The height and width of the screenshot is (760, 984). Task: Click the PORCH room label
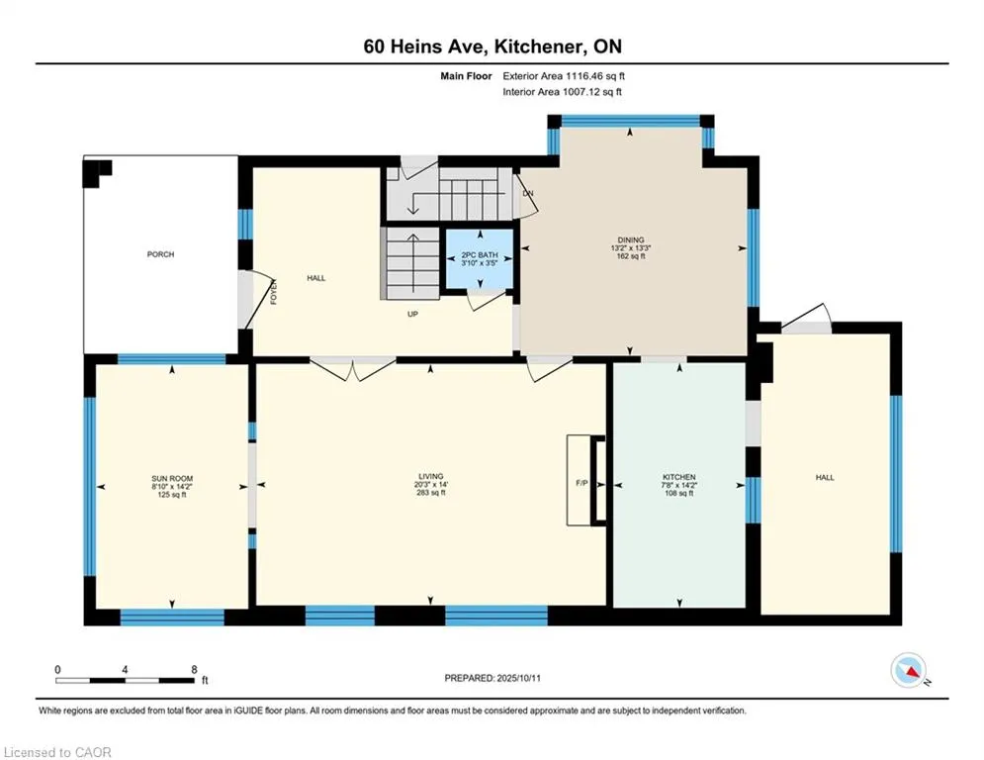[x=160, y=254]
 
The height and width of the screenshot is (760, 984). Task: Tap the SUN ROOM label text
[x=172, y=479]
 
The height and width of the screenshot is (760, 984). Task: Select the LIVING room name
[x=431, y=477]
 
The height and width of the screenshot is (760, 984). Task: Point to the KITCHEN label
[x=679, y=477]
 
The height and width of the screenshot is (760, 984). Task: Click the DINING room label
[x=631, y=239]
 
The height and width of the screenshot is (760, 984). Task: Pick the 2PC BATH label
[x=480, y=255]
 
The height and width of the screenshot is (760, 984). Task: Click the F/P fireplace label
[x=581, y=483]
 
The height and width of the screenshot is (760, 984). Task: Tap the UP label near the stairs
[x=412, y=314]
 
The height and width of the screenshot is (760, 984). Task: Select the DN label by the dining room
[x=528, y=193]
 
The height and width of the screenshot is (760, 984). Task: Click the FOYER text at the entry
[x=274, y=292]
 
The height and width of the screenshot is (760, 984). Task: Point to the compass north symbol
[x=909, y=670]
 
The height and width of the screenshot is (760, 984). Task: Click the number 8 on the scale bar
[x=195, y=670]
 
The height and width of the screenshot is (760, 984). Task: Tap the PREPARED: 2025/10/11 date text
[x=492, y=678]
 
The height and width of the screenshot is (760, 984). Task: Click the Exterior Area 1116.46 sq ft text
[x=564, y=76]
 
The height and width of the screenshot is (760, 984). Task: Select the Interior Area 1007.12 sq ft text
[x=563, y=92]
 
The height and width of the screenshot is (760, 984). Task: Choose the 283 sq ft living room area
[x=431, y=493]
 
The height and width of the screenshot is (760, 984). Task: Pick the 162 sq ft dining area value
[x=631, y=256]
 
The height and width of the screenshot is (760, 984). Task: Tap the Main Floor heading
[x=466, y=76]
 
